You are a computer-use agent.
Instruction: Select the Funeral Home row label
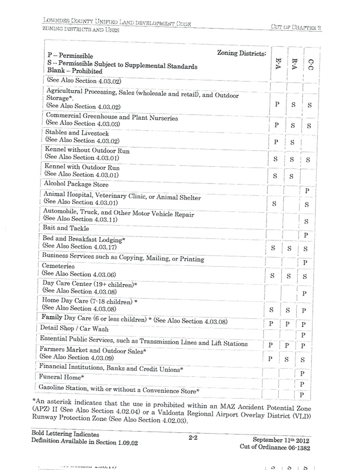tap(61, 377)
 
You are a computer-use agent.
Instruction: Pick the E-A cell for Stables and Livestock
tap(276, 142)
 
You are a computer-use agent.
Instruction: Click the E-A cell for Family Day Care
tap(271, 323)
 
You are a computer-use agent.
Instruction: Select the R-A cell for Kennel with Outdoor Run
tap(291, 176)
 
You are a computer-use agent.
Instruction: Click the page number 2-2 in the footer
tap(192, 438)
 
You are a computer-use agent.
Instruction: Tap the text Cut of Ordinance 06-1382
tap(275, 448)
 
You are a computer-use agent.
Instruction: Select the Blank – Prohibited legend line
tap(75, 71)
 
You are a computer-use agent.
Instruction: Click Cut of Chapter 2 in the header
tap(296, 27)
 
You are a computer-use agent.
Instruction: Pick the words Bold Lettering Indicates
tap(65, 434)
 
